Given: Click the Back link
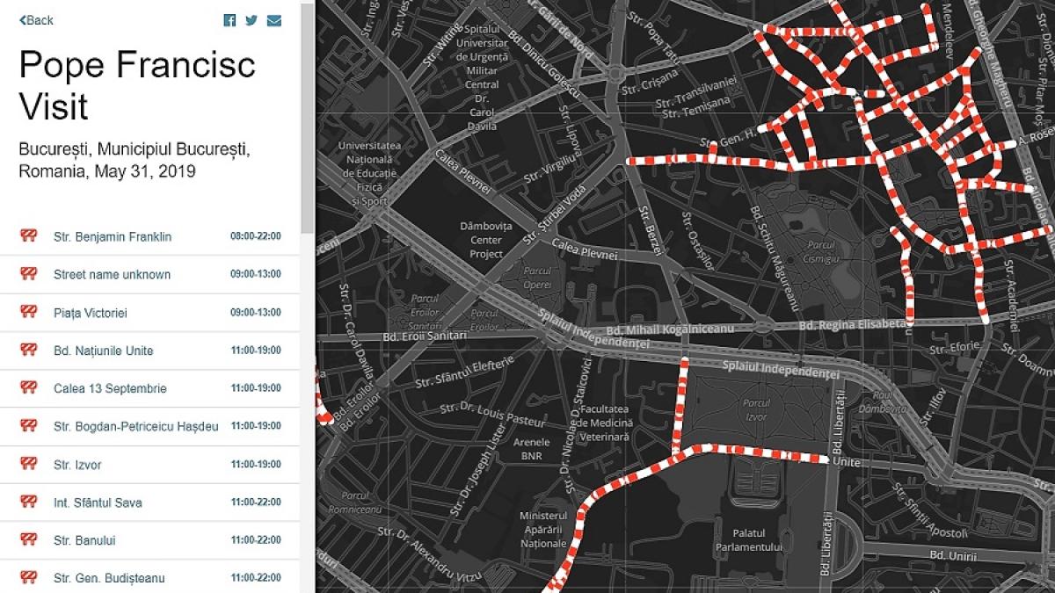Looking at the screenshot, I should coord(37,20).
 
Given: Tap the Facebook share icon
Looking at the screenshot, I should coord(229,20).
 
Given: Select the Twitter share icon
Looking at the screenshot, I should coord(251,20).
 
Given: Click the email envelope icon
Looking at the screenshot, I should coord(274,20).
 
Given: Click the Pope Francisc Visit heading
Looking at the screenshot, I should coord(137,85).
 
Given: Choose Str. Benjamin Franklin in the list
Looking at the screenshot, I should coord(113,236).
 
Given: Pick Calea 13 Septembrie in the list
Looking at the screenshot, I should coord(110,388).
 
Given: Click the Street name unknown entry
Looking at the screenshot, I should coord(112,274).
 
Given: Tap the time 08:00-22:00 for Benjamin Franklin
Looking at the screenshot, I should coord(256,236).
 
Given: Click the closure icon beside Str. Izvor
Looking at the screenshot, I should coord(29,464).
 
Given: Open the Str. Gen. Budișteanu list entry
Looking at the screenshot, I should coord(109,578).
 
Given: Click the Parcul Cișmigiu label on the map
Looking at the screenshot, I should coord(823,252).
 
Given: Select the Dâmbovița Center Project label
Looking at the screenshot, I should coord(480,240).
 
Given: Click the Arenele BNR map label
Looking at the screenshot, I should coord(531,449).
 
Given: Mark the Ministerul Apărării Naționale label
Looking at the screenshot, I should coord(543,530).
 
